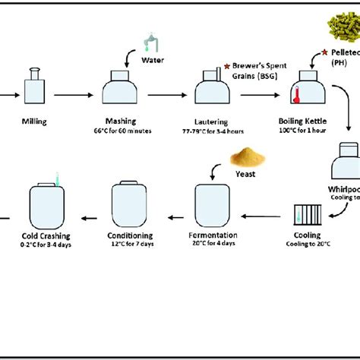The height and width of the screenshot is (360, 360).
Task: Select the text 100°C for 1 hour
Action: [310, 131]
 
